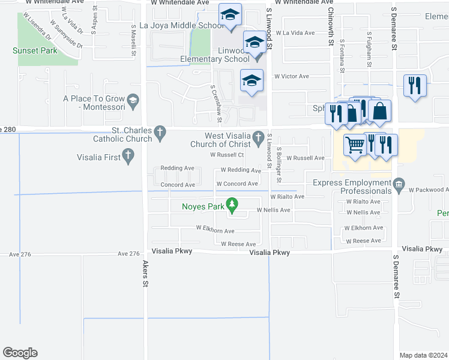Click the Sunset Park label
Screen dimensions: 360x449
click(35, 51)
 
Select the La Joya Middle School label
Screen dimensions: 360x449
click(181, 25)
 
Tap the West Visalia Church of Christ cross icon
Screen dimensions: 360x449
click(258, 137)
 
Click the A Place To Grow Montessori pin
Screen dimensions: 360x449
click(133, 99)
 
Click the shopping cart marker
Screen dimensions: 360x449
click(355, 145)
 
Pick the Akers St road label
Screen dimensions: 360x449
click(145, 273)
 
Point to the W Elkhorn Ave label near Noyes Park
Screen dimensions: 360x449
click(215, 229)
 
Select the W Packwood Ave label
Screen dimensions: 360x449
click(429, 190)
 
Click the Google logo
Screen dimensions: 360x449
click(20, 353)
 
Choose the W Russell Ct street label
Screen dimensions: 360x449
click(226, 155)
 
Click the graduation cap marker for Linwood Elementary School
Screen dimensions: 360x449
click(255, 43)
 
